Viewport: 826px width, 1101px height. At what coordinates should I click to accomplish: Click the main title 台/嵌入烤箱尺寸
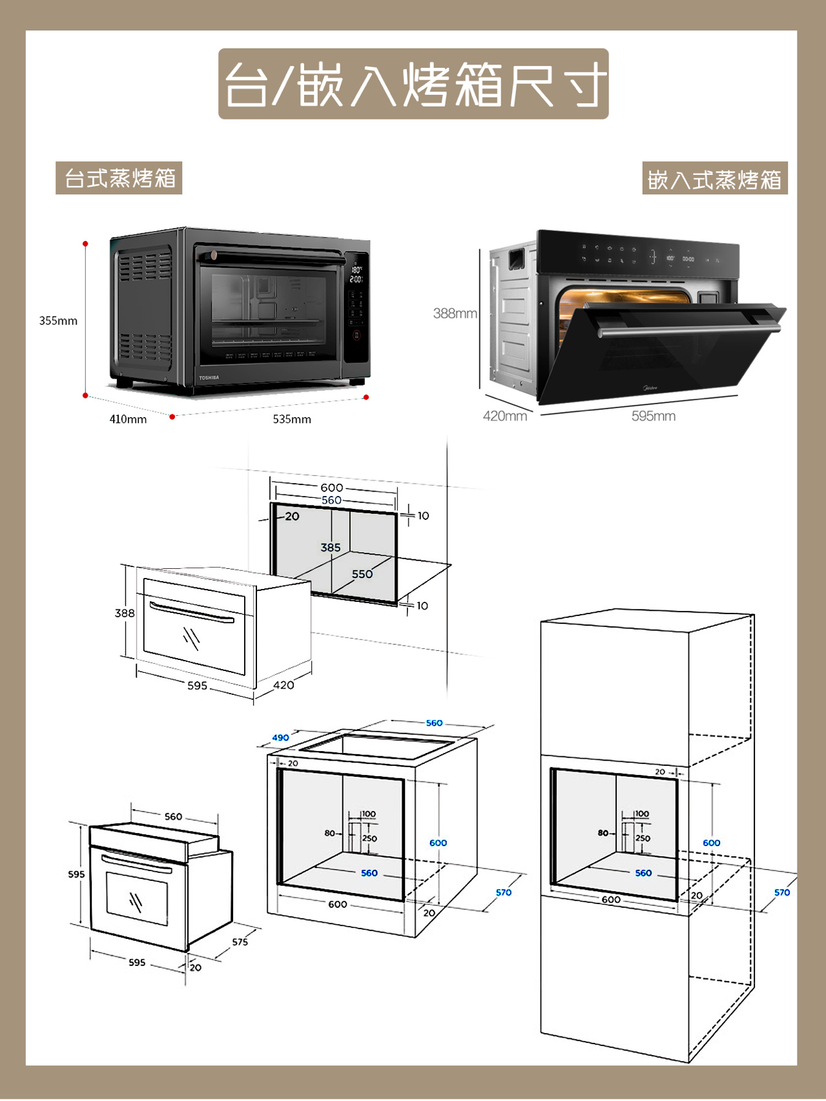(413, 84)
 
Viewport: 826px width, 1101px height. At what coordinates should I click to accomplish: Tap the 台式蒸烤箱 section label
(119, 178)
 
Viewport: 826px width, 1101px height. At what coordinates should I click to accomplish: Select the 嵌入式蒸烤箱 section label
(714, 179)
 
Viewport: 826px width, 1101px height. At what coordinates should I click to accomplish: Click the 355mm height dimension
(58, 321)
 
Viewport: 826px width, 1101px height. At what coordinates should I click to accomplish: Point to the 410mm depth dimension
(128, 419)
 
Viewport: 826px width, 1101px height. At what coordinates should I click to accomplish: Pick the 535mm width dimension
(292, 419)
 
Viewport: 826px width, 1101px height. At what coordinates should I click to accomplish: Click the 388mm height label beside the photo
(455, 314)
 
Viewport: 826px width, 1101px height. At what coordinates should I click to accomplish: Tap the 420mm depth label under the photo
(504, 417)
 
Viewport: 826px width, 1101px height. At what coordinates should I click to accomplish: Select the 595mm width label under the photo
(654, 417)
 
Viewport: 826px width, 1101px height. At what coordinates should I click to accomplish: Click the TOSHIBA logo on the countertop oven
(209, 378)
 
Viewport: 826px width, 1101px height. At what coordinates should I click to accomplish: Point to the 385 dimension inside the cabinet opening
(331, 548)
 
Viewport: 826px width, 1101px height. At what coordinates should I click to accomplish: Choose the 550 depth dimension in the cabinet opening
(362, 574)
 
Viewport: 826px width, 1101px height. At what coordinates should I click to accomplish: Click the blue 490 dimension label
(280, 737)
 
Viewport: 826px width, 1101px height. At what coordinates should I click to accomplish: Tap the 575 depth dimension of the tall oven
(240, 942)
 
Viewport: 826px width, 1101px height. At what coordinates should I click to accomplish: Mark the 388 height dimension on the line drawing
(125, 613)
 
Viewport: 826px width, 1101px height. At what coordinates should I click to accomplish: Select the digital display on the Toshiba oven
(356, 274)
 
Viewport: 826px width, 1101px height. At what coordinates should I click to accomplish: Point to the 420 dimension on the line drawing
(284, 685)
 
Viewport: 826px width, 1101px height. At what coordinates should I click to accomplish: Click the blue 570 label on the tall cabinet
(782, 892)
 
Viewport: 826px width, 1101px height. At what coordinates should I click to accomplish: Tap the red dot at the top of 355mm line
(85, 243)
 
